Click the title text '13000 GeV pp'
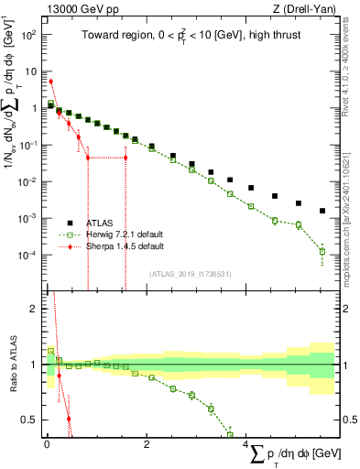(x=72, y=8)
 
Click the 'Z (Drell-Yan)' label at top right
(x=307, y=8)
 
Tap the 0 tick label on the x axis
(x=46, y=444)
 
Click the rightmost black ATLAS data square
(x=322, y=211)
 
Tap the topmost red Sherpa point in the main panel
(x=50, y=82)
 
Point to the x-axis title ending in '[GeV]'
(x=293, y=455)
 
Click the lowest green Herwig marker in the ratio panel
(x=230, y=434)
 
